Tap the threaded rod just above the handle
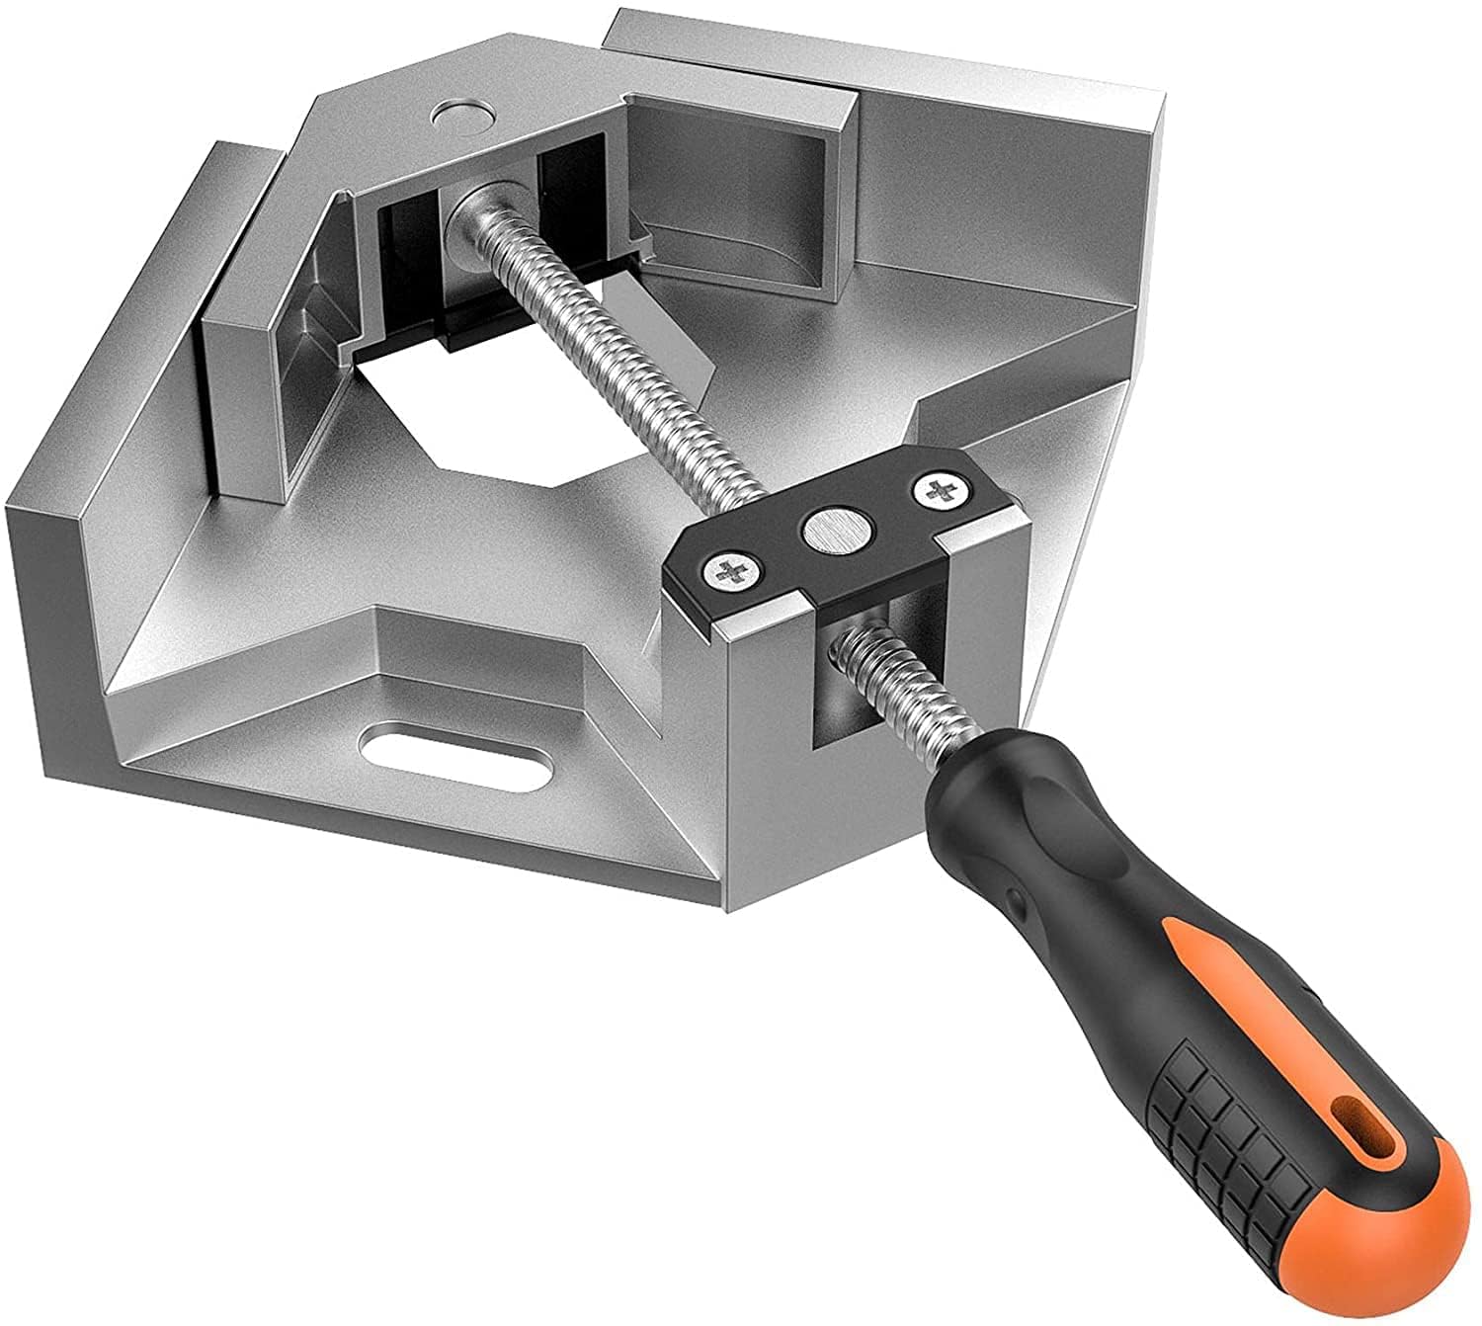(x=889, y=692)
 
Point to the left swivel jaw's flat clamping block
(x=247, y=395)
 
